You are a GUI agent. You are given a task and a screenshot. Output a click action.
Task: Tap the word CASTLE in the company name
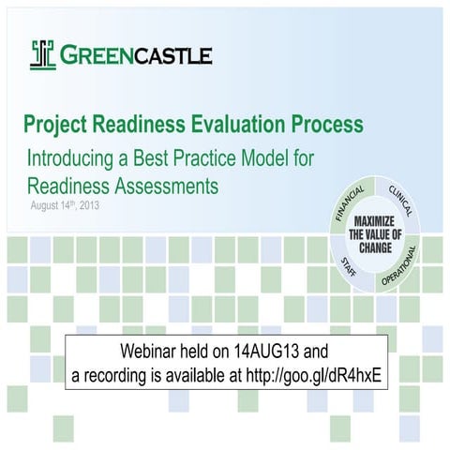[172, 55]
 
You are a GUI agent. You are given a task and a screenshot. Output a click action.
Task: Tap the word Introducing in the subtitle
[74, 157]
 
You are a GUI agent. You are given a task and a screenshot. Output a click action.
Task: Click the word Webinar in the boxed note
[152, 352]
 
